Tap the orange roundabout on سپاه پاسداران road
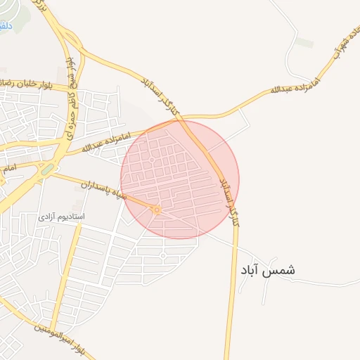(x=157, y=210)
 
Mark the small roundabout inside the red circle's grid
(x=151, y=160)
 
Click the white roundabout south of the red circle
(x=162, y=255)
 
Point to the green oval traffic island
(x=47, y=169)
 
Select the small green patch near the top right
(x=304, y=42)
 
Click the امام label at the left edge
(x=8, y=169)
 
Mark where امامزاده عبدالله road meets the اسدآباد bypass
(x=184, y=117)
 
